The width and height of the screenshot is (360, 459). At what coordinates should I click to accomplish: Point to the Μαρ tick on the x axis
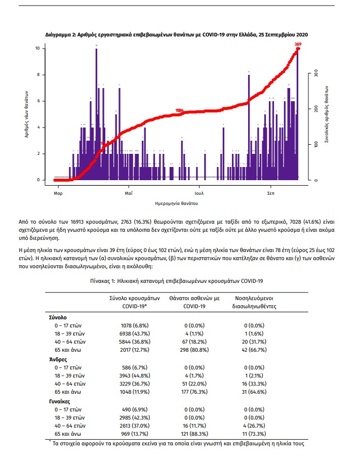coord(58,193)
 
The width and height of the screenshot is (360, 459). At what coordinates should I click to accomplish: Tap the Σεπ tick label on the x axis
coord(271,193)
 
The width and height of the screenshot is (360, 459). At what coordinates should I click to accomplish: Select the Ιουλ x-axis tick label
coord(199,193)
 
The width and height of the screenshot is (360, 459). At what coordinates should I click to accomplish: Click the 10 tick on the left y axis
coord(37,49)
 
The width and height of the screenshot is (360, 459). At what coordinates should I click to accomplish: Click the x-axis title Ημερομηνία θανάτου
coord(177,203)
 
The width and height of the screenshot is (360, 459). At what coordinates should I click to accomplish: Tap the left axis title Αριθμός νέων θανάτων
coord(26,114)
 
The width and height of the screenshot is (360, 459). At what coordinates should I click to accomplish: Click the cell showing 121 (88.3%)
coord(194,434)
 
